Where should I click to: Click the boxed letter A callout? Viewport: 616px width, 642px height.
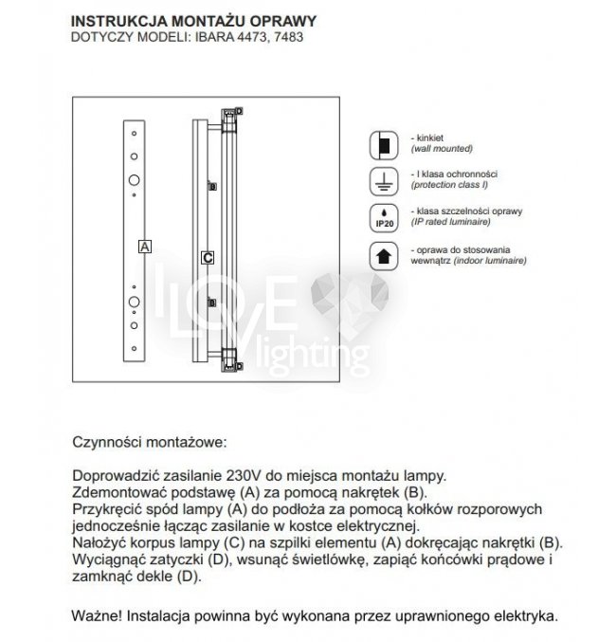[x=144, y=246]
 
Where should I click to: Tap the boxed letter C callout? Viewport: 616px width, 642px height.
[x=208, y=257]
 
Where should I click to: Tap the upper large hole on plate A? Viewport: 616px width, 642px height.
[x=135, y=179]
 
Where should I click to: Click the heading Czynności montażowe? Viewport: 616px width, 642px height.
[x=150, y=443]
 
